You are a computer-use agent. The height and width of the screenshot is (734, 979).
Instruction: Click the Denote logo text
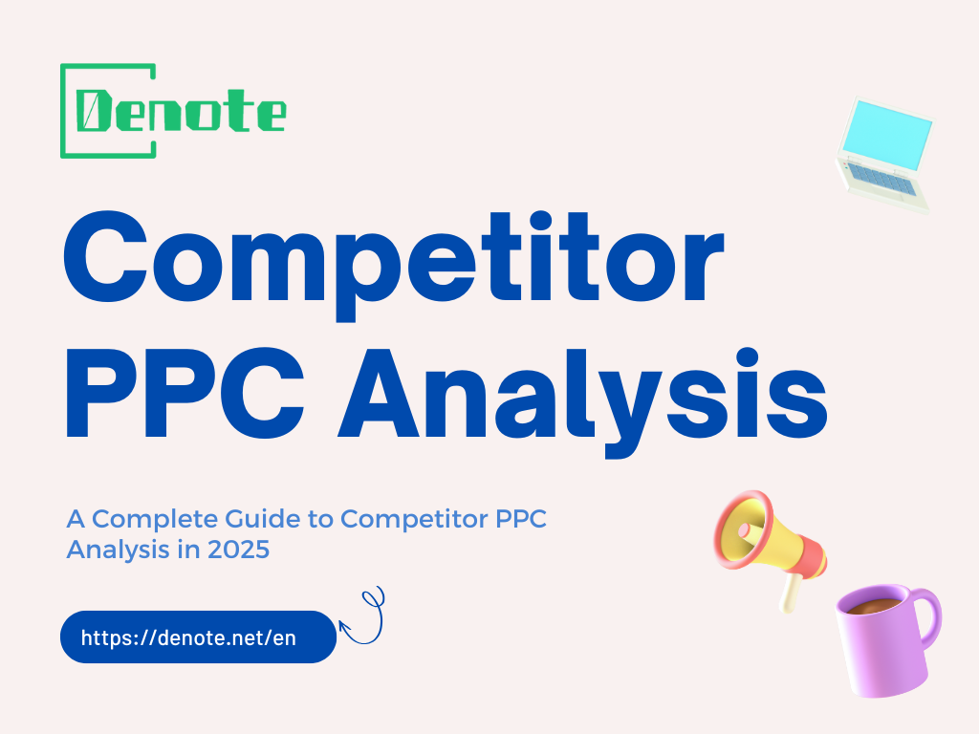[x=182, y=113]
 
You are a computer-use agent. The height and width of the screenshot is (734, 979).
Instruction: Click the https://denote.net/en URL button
[x=198, y=637]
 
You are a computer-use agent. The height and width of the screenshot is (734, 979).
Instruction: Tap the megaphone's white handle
[x=790, y=593]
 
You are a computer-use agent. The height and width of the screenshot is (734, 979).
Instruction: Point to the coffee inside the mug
[x=872, y=605]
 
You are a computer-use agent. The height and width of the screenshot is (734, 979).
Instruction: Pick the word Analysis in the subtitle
[x=104, y=550]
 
